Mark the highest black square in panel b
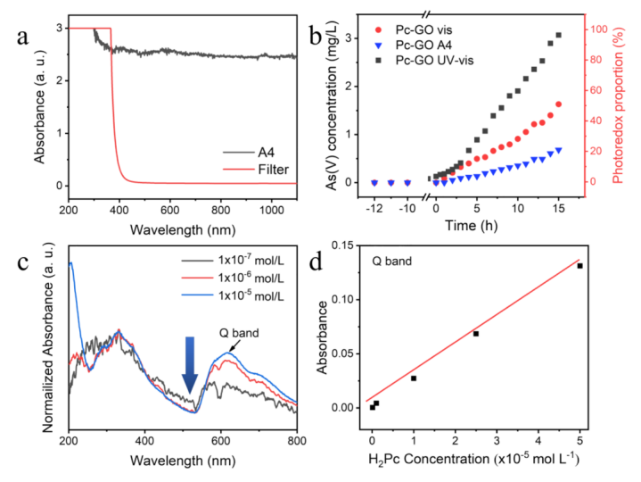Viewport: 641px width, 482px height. pyautogui.click(x=558, y=36)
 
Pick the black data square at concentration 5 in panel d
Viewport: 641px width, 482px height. pyautogui.click(x=579, y=266)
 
